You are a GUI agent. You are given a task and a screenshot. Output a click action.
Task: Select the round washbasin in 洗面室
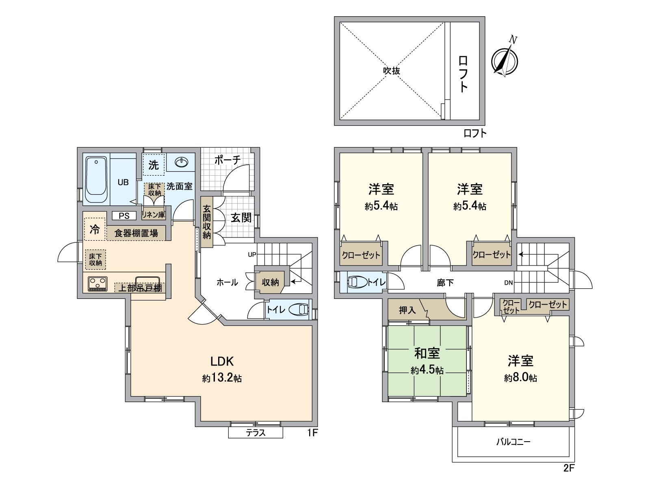click(x=181, y=163)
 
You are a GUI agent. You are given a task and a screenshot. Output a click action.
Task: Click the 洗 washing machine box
click(x=154, y=165)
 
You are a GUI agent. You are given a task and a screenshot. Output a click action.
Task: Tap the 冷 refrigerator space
click(x=95, y=229)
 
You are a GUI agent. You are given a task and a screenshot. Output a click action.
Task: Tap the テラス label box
click(x=256, y=433)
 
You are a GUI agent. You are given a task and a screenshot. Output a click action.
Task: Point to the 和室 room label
click(x=427, y=353)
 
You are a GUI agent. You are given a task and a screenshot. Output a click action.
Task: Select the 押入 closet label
click(x=407, y=310)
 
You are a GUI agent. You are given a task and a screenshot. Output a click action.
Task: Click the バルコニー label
click(x=513, y=442)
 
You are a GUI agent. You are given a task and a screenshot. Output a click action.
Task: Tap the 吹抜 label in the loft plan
click(x=392, y=71)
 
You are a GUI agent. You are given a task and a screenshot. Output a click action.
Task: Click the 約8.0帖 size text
click(x=520, y=378)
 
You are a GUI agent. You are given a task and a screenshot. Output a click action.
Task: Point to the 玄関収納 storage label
click(x=207, y=222)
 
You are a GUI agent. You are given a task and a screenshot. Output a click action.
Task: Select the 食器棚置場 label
click(x=136, y=233)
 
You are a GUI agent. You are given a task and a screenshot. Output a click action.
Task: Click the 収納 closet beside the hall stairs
click(x=270, y=282)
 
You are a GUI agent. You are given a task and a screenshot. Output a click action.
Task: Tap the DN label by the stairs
click(x=508, y=283)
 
